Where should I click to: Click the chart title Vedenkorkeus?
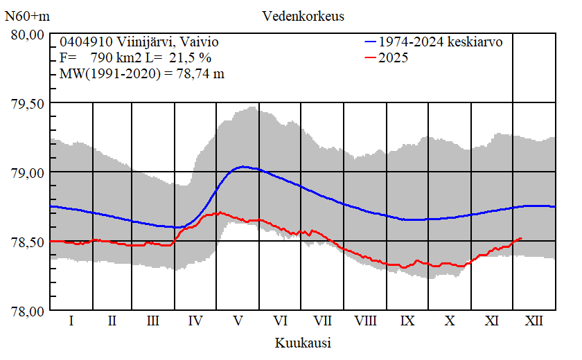tap(303, 15)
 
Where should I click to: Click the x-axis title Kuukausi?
tap(302, 342)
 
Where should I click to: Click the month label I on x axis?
tap(71, 321)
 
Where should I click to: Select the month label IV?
tap(195, 321)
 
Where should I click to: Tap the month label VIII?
tap(365, 321)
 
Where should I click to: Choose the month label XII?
tap(533, 321)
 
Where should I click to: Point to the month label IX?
tap(407, 321)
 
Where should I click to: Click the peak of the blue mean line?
tap(243, 166)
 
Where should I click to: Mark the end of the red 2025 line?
tap(521, 238)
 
